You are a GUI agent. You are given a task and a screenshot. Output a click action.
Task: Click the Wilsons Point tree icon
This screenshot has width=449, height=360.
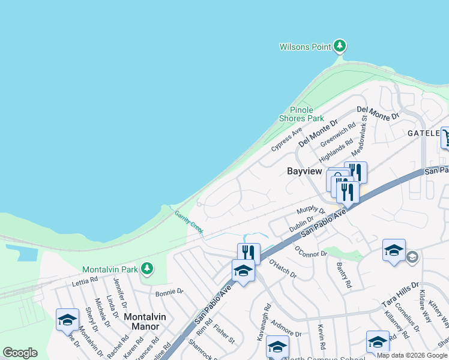(340, 46)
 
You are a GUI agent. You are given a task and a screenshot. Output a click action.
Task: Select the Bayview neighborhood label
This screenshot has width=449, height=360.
(304, 171)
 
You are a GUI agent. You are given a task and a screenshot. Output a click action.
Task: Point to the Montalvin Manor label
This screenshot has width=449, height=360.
(142, 321)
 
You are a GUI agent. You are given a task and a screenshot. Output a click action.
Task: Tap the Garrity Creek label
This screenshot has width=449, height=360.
(189, 221)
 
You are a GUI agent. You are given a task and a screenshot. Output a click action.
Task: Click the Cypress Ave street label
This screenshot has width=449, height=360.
(286, 140)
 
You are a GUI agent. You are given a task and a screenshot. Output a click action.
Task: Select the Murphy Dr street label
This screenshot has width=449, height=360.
(310, 211)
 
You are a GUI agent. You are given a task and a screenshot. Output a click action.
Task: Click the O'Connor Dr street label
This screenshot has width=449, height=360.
(310, 250)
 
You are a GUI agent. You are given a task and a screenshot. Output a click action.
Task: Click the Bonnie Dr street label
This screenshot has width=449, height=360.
(169, 292)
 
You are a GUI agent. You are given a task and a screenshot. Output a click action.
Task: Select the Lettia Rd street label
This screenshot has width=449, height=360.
(85, 280)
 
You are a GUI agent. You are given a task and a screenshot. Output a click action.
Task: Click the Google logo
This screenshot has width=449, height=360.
(20, 353)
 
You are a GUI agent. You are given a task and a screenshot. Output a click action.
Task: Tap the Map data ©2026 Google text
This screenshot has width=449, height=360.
(412, 355)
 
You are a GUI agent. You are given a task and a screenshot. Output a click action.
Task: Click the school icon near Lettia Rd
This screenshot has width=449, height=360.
(67, 319)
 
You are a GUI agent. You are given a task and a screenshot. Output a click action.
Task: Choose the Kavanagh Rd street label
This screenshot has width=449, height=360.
(264, 326)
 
